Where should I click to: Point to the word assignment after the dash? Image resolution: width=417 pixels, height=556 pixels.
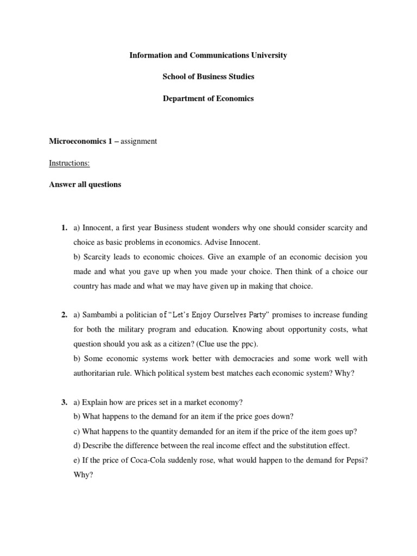[138, 141]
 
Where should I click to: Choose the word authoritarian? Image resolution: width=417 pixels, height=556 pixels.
[98, 373]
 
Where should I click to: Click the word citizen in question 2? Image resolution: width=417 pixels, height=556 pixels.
[177, 344]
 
